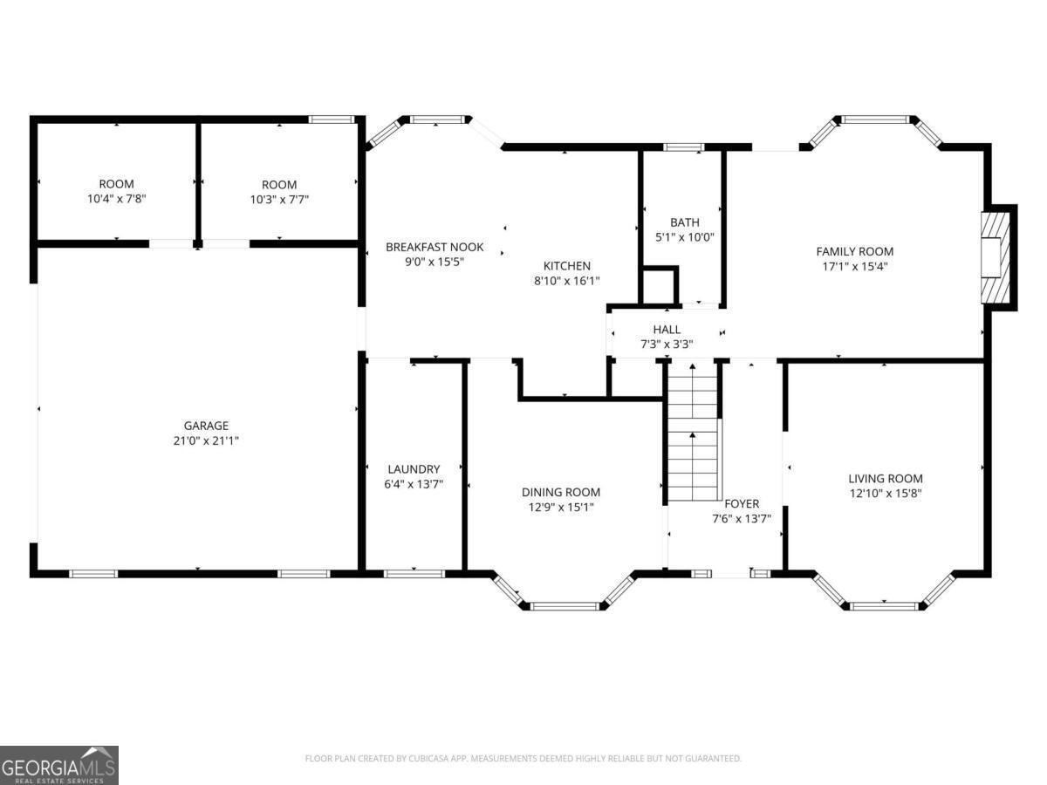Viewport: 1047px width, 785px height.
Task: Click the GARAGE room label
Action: pos(206,426)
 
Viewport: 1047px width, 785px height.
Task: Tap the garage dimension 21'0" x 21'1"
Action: pos(206,441)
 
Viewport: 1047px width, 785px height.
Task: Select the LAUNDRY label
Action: pos(414,468)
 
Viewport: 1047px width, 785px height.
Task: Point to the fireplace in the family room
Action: pos(995,256)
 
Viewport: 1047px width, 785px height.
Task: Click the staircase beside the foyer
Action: pos(693,433)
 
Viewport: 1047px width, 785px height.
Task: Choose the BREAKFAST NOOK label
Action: pos(435,247)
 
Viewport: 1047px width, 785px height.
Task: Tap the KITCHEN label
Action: pos(567,266)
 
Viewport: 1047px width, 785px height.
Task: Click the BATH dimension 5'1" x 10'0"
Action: pos(685,237)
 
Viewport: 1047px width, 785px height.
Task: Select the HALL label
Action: pos(667,329)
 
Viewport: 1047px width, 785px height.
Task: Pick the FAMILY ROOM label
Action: pos(854,251)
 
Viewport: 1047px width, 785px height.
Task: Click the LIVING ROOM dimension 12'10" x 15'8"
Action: pos(886,493)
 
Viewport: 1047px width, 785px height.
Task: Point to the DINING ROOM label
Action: pos(561,492)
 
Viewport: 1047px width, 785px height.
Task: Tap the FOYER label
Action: pos(742,503)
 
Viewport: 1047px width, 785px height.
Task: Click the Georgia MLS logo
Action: pos(59,765)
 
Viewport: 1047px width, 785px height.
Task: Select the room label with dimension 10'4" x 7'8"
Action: pos(116,184)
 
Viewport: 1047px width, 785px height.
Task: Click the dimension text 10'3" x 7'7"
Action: pos(279,199)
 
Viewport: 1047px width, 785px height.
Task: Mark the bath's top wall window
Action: pos(684,147)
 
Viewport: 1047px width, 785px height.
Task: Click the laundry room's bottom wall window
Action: pos(414,573)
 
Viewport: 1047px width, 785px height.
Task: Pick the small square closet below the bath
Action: pos(660,286)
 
